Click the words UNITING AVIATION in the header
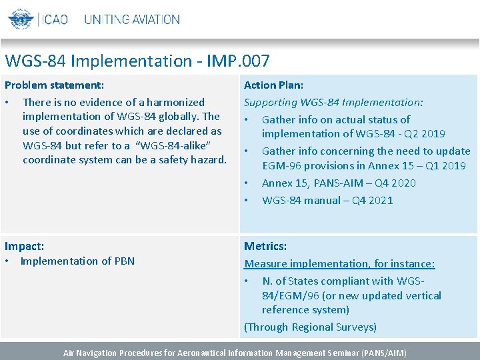click(x=131, y=19)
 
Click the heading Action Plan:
click(x=273, y=85)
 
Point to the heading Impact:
click(x=25, y=246)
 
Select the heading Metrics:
click(x=265, y=246)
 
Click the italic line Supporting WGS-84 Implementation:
click(x=333, y=102)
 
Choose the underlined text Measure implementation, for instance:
click(x=339, y=264)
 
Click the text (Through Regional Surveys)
click(x=310, y=327)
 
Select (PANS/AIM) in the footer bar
click(x=383, y=353)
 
